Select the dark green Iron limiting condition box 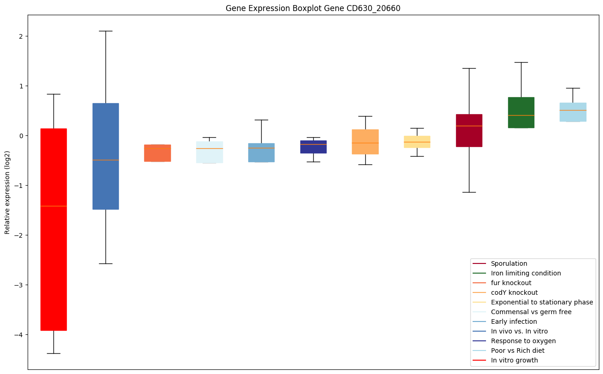521,112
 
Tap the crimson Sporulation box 469,130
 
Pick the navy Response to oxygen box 313,147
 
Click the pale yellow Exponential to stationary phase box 417,142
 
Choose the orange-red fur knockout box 158,153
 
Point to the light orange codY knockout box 365,142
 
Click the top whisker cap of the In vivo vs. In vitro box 105,31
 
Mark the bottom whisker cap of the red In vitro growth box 53,353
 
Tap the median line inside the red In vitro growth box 53,206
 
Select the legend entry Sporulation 509,263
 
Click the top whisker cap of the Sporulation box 469,68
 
